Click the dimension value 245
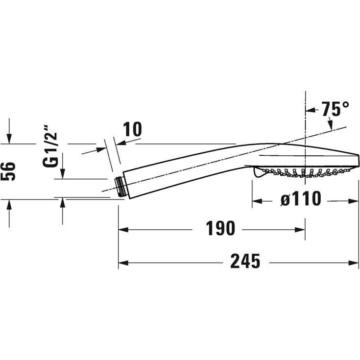click(x=245, y=263)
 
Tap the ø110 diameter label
click(x=300, y=200)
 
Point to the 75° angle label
click(x=336, y=109)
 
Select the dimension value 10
click(x=132, y=129)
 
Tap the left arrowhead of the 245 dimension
click(x=122, y=263)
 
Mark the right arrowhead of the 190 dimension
click(x=301, y=229)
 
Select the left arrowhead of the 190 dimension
click(x=122, y=229)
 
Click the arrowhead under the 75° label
click(x=331, y=126)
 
